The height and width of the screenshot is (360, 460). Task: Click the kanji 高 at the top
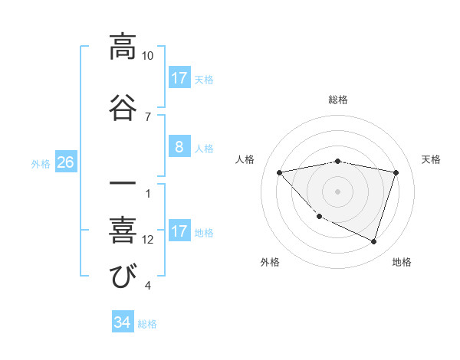(x=122, y=47)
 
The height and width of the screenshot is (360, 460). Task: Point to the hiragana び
(x=122, y=276)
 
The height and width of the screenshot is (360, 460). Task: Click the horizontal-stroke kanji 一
(x=122, y=185)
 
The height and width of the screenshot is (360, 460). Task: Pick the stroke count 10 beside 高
(x=148, y=56)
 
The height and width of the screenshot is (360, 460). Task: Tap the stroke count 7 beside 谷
(x=148, y=116)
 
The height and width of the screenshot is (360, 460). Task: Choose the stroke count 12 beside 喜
(x=148, y=239)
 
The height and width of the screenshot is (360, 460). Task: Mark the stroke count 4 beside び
(x=148, y=286)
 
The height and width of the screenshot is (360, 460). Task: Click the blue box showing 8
(x=179, y=147)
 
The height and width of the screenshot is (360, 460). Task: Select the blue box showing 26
(x=66, y=162)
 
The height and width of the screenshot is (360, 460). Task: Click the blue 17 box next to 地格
(x=179, y=231)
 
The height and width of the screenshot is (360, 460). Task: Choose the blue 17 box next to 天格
(x=179, y=78)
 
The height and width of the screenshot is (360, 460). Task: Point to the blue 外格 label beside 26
(x=41, y=163)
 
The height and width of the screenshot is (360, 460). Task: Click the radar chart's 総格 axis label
(x=338, y=100)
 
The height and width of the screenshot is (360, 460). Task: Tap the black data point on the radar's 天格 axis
(x=396, y=172)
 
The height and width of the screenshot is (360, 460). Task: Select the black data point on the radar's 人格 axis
(x=280, y=172)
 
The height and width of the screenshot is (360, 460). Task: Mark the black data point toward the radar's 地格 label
(x=373, y=241)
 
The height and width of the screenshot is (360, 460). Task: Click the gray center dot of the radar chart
(x=338, y=191)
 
